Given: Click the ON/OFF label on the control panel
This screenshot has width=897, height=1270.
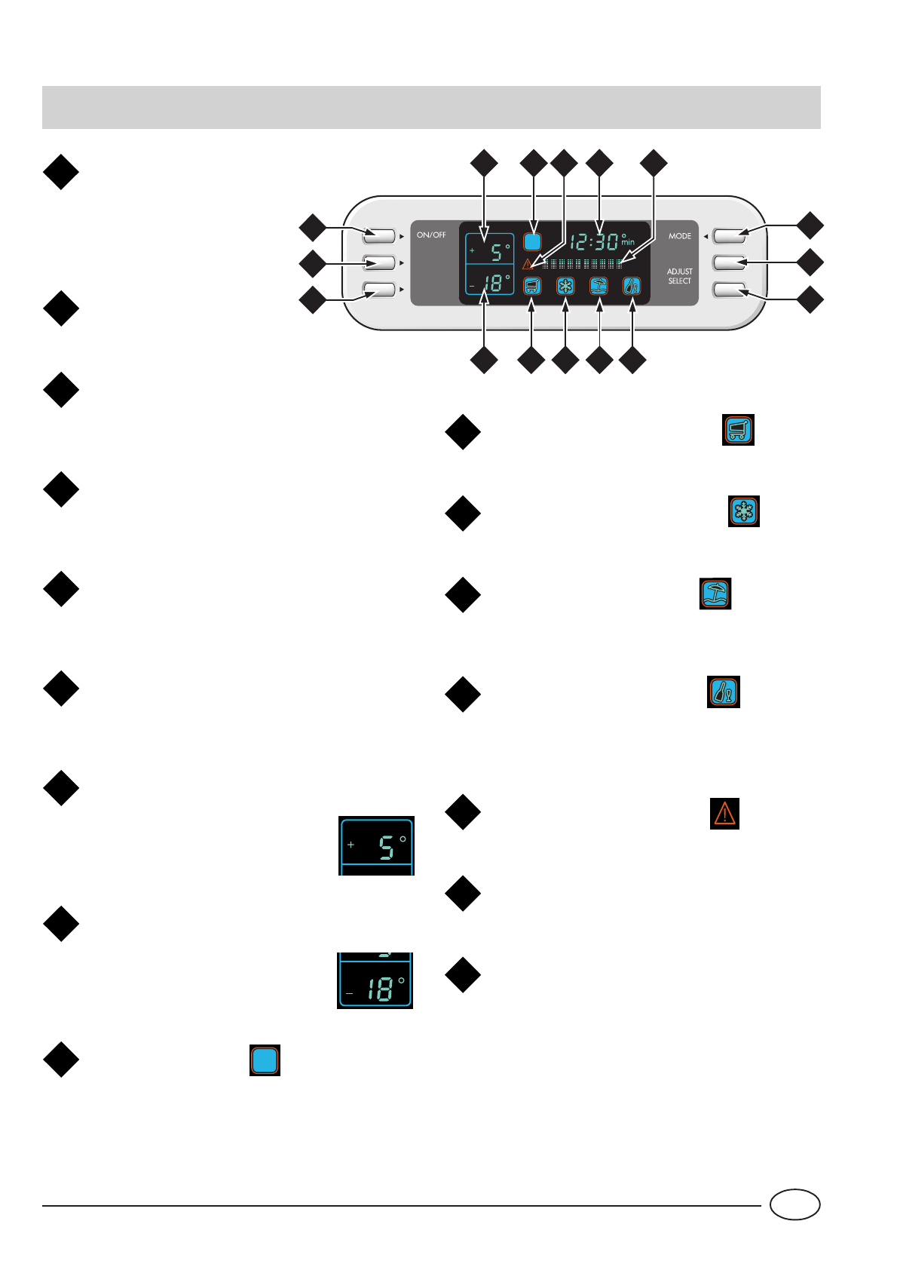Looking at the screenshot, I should tap(431, 235).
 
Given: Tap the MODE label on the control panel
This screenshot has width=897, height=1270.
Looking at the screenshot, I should tap(679, 236).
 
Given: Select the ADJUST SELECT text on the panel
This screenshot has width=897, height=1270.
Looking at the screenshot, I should tap(679, 276).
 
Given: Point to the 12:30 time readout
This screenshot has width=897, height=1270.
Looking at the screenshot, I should tap(595, 242).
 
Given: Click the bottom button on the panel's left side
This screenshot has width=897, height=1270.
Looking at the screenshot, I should tap(378, 290).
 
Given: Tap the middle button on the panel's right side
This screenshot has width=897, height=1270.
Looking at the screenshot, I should tap(729, 262).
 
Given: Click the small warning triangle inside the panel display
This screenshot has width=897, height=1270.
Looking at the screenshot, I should tap(528, 264).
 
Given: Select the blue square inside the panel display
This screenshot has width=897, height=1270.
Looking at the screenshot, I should tap(532, 242).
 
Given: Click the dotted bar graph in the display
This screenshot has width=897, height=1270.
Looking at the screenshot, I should tap(583, 264).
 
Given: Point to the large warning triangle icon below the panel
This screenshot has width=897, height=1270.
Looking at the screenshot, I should tap(724, 814).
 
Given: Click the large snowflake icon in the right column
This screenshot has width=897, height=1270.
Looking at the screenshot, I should tap(744, 511).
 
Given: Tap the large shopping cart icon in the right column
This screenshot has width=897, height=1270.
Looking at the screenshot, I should tap(738, 430).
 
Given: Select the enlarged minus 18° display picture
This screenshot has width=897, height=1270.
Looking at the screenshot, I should tap(375, 980).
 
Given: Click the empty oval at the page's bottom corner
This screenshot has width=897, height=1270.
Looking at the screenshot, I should tap(794, 1204).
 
